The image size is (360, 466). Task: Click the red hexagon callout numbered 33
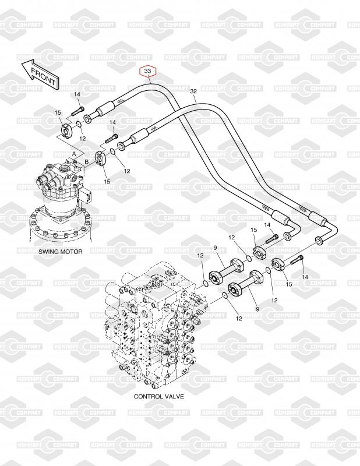(x=148, y=72)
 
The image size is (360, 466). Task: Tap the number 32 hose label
(x=193, y=91)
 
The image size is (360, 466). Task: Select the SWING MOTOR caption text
(x=61, y=252)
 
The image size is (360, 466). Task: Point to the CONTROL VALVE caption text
(x=158, y=396)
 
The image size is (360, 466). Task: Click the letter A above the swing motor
(x=75, y=151)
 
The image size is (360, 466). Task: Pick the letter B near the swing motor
(x=86, y=160)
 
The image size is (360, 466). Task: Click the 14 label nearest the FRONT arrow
(x=77, y=94)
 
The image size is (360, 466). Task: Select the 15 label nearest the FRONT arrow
(x=58, y=112)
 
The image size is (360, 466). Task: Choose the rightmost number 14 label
(x=304, y=277)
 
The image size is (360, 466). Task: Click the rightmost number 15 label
(x=288, y=284)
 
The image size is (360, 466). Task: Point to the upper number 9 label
(x=214, y=249)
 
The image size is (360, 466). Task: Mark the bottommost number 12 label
(x=238, y=318)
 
